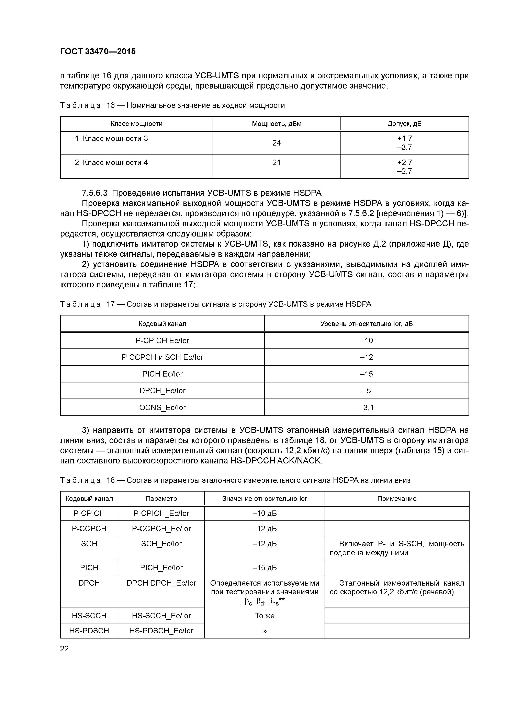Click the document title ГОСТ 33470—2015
pyautogui.click(x=98, y=52)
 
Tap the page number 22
pyautogui.click(x=64, y=649)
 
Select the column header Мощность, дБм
pyautogui.click(x=276, y=124)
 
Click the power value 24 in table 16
pyautogui.click(x=276, y=143)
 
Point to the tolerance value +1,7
pyautogui.click(x=404, y=139)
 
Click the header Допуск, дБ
pyautogui.click(x=404, y=124)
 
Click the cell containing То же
pyautogui.click(x=265, y=616)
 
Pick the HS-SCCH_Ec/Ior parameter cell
pyautogui.click(x=161, y=616)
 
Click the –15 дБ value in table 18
pyautogui.click(x=265, y=568)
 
